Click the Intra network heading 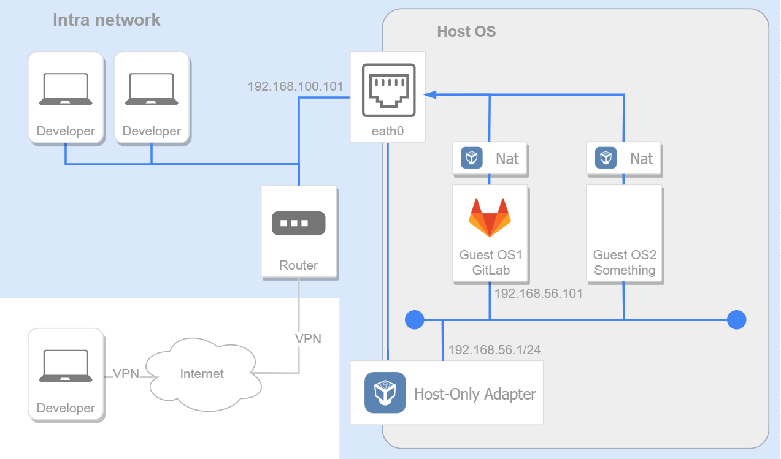coord(107,20)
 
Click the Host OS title coord(466,31)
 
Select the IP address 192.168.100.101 coord(295,86)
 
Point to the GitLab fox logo coord(490,217)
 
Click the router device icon coord(299,223)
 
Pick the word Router coord(299,265)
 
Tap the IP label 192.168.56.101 coord(538,294)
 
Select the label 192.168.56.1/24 coord(494,350)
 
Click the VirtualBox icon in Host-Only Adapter coord(385,393)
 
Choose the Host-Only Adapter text coord(475,394)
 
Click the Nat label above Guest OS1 coord(507,159)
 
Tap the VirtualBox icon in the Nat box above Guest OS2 coord(607,158)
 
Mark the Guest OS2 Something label coord(625,263)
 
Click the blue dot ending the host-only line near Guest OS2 coord(736,319)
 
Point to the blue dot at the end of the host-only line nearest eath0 coord(415,319)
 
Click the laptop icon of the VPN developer coord(66,365)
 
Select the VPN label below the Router coord(308,338)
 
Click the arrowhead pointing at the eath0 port coord(431,94)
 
